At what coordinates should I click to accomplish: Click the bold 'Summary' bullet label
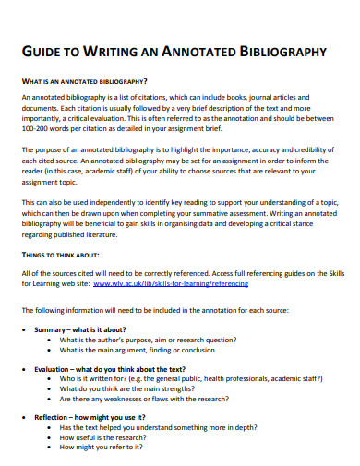click(x=52, y=329)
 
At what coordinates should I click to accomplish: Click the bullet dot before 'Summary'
click(x=24, y=329)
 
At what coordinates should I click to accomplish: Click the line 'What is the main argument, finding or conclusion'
click(x=138, y=350)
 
